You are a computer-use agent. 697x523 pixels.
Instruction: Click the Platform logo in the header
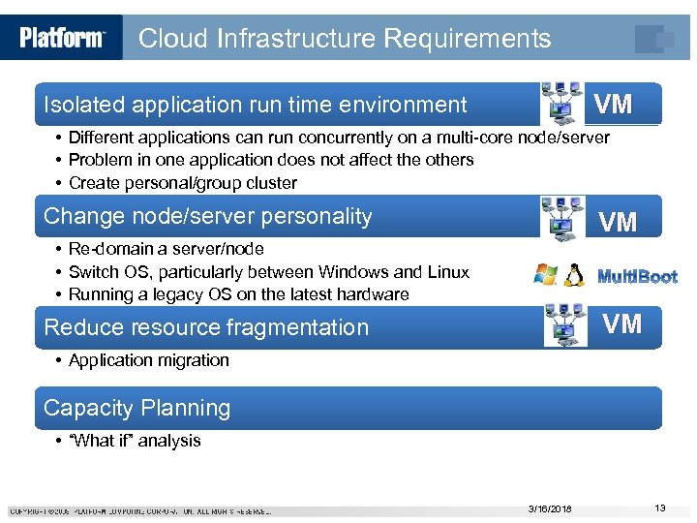pos(61,38)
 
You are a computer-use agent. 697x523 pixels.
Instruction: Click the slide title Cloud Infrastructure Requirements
pos(345,39)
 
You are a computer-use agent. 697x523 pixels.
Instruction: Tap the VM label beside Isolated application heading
pos(613,105)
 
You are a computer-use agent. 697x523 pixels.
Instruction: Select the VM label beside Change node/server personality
pos(618,223)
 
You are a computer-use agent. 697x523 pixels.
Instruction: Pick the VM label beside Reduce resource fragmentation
pos(622,323)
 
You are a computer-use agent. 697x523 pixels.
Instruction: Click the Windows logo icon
pos(546,275)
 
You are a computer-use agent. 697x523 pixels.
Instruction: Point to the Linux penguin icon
pos(574,275)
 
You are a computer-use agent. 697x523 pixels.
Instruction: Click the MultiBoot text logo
pos(637,277)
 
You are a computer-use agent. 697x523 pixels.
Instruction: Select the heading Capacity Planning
pos(137,408)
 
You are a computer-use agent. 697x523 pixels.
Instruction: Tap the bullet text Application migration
pos(149,360)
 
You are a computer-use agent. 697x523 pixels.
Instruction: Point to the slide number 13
pos(660,508)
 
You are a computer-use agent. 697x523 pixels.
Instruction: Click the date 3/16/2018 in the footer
pos(550,509)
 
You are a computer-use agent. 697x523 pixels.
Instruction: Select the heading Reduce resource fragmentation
pos(206,327)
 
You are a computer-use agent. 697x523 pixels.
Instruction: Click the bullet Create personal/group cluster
pos(183,183)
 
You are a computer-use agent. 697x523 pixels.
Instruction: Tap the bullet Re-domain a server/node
pos(166,250)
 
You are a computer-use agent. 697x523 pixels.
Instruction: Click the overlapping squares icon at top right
pos(653,39)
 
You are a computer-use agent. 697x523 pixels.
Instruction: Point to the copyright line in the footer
pos(140,511)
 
